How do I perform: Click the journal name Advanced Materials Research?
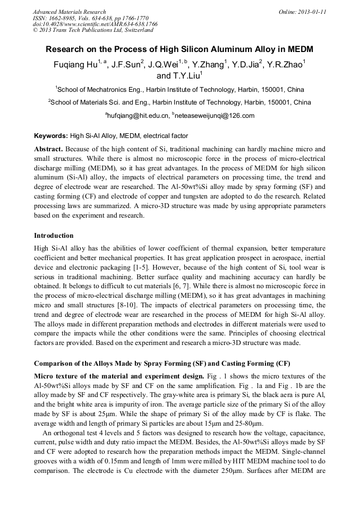[x=70, y=11]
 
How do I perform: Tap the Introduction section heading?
[x=54, y=235]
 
